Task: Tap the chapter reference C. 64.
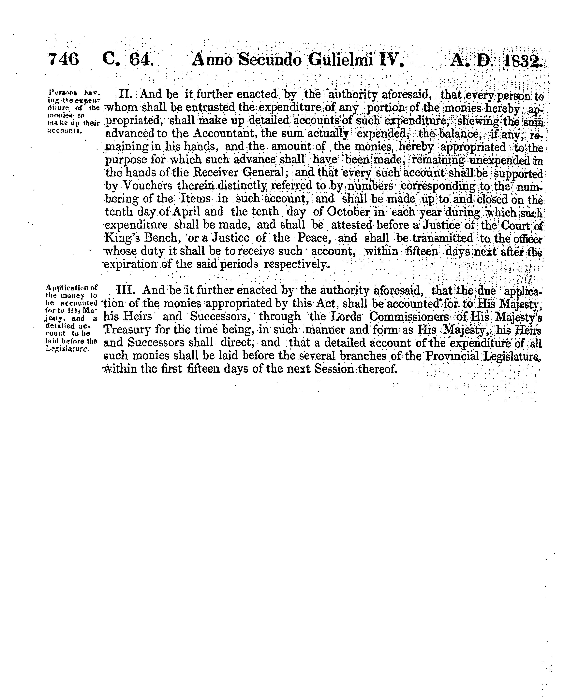pyautogui.click(x=127, y=59)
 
